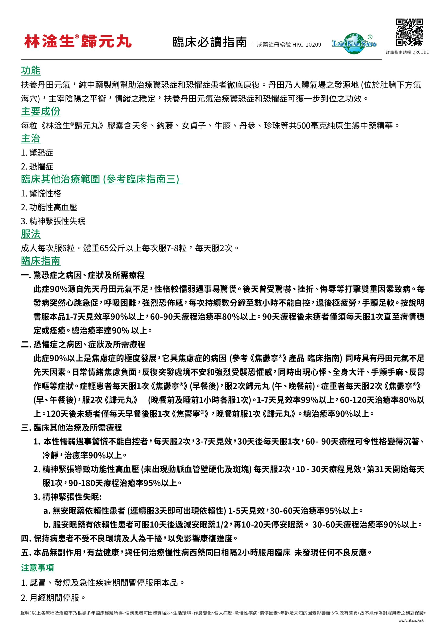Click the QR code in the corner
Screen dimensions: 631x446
(x=409, y=32)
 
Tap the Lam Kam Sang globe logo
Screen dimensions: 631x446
(x=355, y=43)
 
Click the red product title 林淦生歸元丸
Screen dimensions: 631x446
(x=78, y=41)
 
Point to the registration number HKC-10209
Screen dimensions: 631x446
(x=307, y=45)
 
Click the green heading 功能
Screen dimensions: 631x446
(x=31, y=71)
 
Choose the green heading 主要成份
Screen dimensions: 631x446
(x=41, y=111)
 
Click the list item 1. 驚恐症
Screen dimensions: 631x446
(x=37, y=153)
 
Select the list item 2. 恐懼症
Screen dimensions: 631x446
(x=37, y=166)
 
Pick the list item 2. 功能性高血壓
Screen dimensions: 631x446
(x=49, y=207)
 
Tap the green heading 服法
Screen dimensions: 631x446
(x=31, y=234)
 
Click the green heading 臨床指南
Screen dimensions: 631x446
(x=41, y=261)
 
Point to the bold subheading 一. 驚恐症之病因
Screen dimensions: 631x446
(x=83, y=275)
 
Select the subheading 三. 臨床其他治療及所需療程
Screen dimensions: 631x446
(x=71, y=428)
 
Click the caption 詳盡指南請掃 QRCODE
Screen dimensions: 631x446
(x=407, y=52)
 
